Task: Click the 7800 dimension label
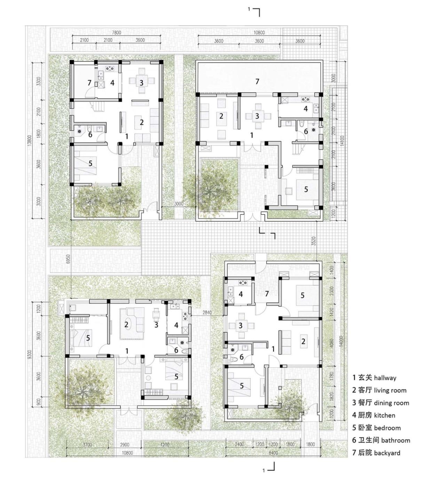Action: [116, 32]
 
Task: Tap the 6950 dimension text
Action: [68, 259]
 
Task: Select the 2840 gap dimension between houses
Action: [207, 312]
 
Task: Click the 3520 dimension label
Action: [313, 241]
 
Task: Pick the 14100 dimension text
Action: [342, 141]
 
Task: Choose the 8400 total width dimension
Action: [273, 453]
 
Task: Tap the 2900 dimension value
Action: [125, 444]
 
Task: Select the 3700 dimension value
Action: [88, 444]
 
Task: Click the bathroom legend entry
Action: [395, 440]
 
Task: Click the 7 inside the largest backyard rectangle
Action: [257, 81]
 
